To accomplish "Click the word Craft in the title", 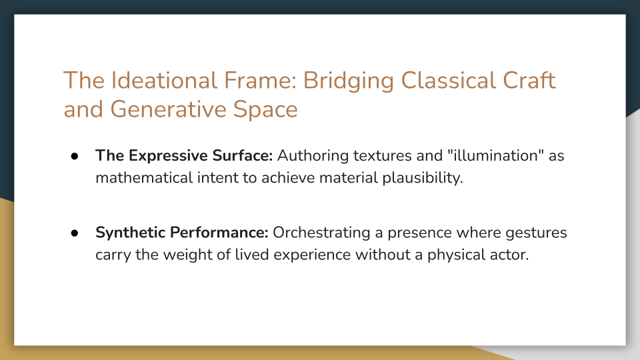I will pyautogui.click(x=530, y=81).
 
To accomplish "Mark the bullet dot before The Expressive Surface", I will pyautogui.click(x=75, y=155).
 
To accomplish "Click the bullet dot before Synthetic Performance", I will pyautogui.click(x=75, y=233).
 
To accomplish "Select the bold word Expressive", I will pyautogui.click(x=162, y=155).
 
